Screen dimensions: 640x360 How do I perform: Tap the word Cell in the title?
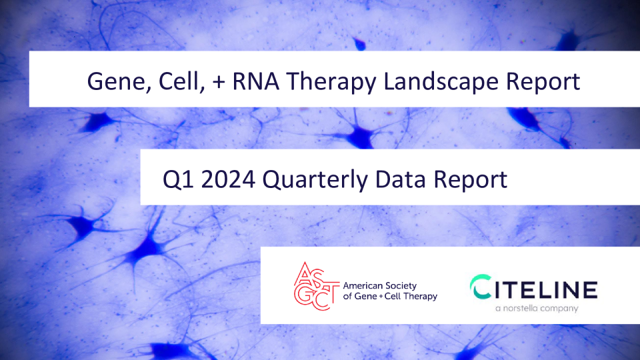click(x=179, y=81)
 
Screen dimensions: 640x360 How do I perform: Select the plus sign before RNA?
click(x=219, y=81)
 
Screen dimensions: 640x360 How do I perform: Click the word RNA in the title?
click(x=255, y=81)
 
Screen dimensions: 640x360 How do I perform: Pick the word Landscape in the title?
click(x=441, y=81)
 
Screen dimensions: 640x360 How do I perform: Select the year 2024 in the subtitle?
click(x=228, y=179)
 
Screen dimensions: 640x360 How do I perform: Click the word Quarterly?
click(x=315, y=180)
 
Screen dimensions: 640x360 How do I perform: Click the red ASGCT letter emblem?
click(x=316, y=286)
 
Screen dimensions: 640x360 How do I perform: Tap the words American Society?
click(x=379, y=286)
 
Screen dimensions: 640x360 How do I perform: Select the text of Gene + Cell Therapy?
click(x=390, y=296)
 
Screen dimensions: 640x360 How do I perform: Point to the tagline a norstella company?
click(x=537, y=309)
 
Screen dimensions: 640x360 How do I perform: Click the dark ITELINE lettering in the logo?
click(x=547, y=289)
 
